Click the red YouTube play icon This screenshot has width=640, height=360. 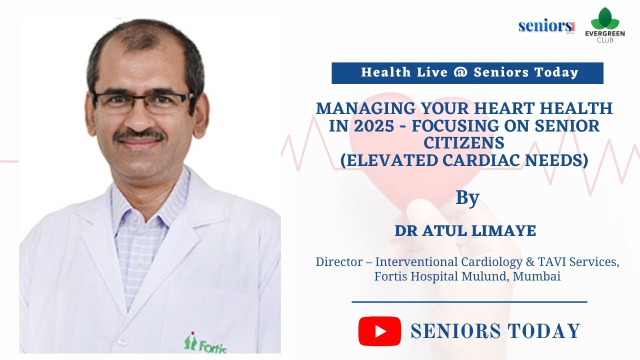379,331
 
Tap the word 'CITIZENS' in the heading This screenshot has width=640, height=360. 464,143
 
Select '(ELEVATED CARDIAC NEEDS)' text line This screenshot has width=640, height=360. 464,161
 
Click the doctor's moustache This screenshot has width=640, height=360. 139,134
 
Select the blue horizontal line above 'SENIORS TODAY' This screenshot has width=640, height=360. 469,302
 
